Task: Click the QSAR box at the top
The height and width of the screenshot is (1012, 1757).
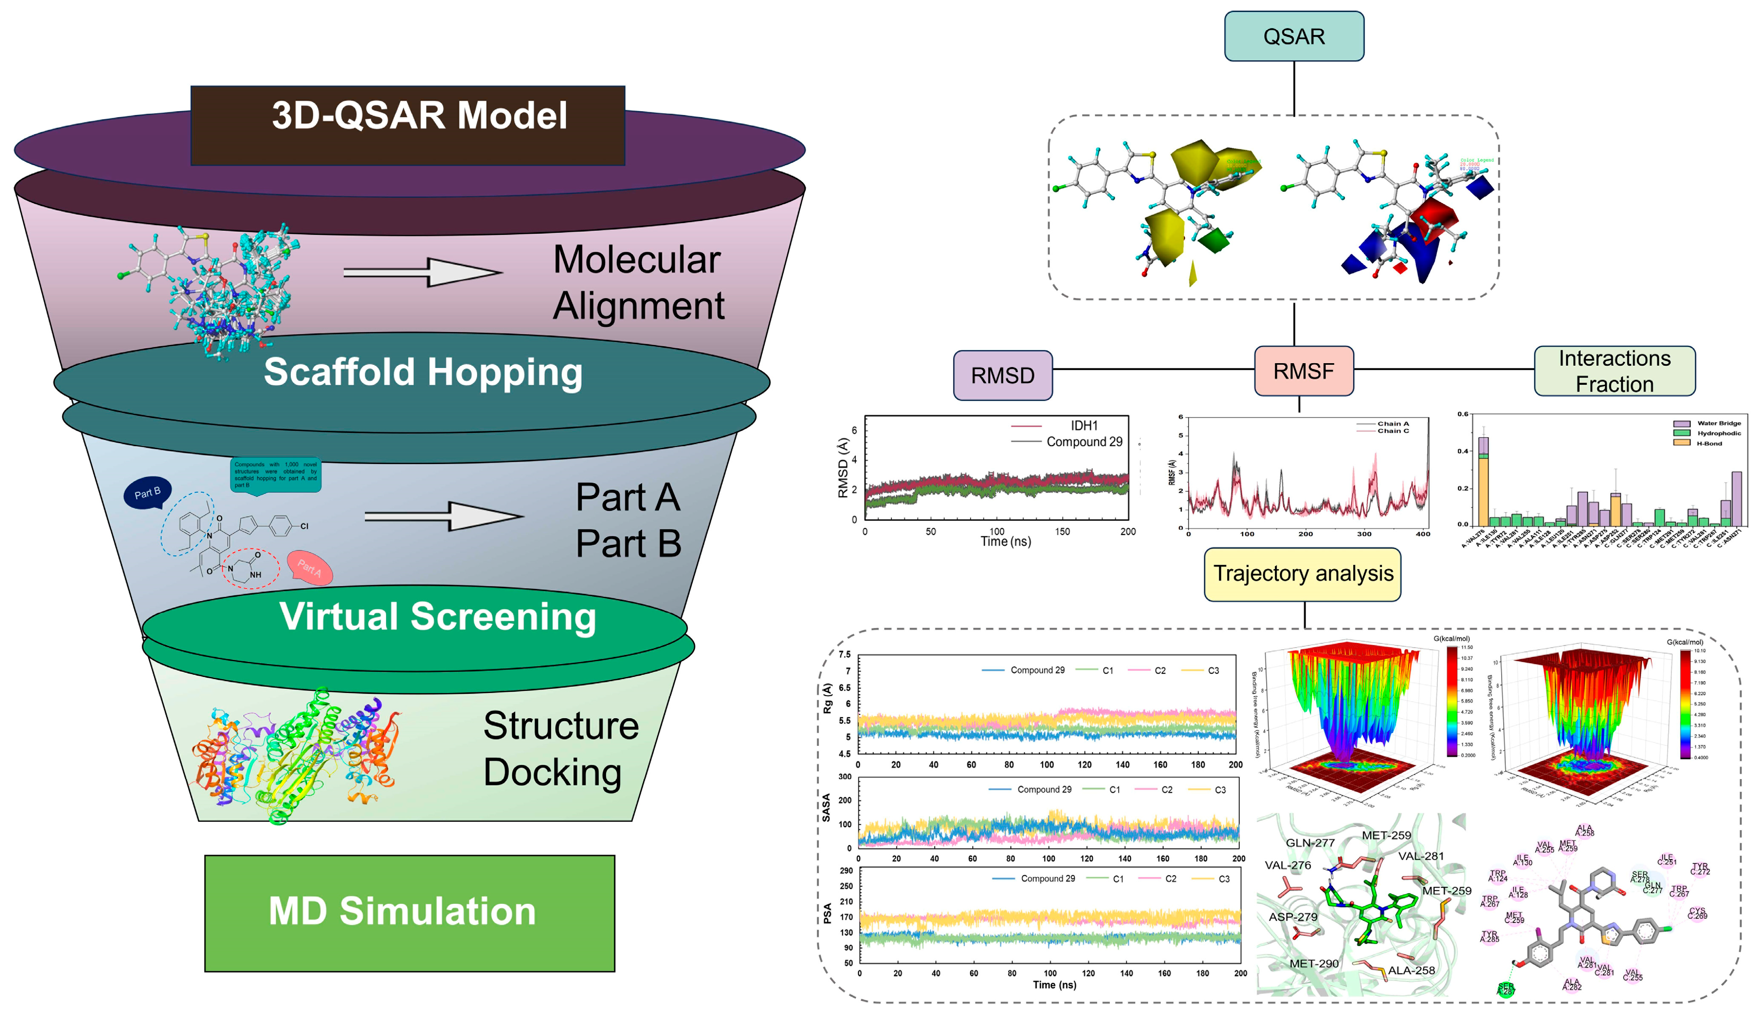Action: click(x=1293, y=36)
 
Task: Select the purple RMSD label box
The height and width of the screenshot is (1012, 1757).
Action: click(x=1002, y=376)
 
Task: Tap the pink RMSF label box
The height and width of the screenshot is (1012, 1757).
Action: click(x=1303, y=371)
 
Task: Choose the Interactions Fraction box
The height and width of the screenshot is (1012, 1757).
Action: click(x=1614, y=371)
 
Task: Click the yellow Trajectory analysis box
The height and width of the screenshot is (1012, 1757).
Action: click(x=1303, y=573)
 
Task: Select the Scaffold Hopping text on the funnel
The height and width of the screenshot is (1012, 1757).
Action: click(x=422, y=372)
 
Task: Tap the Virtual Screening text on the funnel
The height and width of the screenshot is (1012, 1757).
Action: click(x=438, y=616)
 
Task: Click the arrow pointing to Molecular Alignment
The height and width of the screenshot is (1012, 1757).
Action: click(x=422, y=272)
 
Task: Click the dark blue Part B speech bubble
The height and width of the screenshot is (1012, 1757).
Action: click(x=147, y=493)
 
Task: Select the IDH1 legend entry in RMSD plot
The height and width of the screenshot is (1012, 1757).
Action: click(x=1083, y=425)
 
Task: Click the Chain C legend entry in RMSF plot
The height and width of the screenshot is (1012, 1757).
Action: click(x=1393, y=431)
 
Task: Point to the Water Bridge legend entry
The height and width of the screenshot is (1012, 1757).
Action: click(x=1719, y=423)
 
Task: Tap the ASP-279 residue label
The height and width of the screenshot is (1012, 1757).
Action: click(x=1293, y=917)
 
